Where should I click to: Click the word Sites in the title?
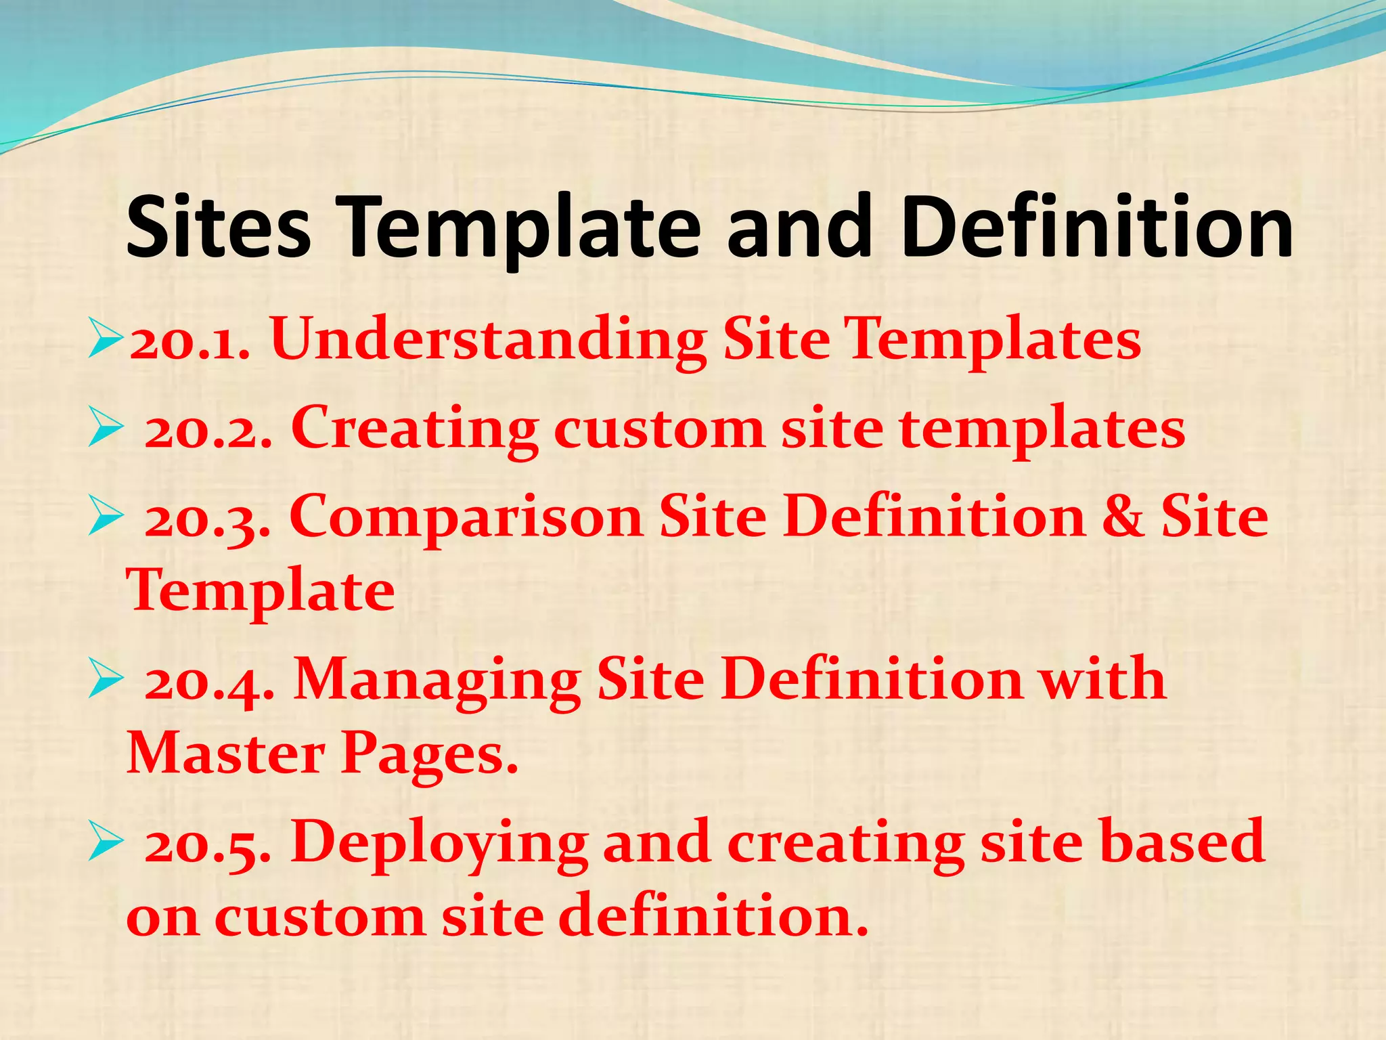[x=219, y=227]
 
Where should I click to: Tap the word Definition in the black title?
[x=1097, y=227]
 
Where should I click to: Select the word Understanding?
[x=488, y=341]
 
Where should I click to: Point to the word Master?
[x=225, y=753]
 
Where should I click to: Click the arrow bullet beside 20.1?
[x=106, y=341]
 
